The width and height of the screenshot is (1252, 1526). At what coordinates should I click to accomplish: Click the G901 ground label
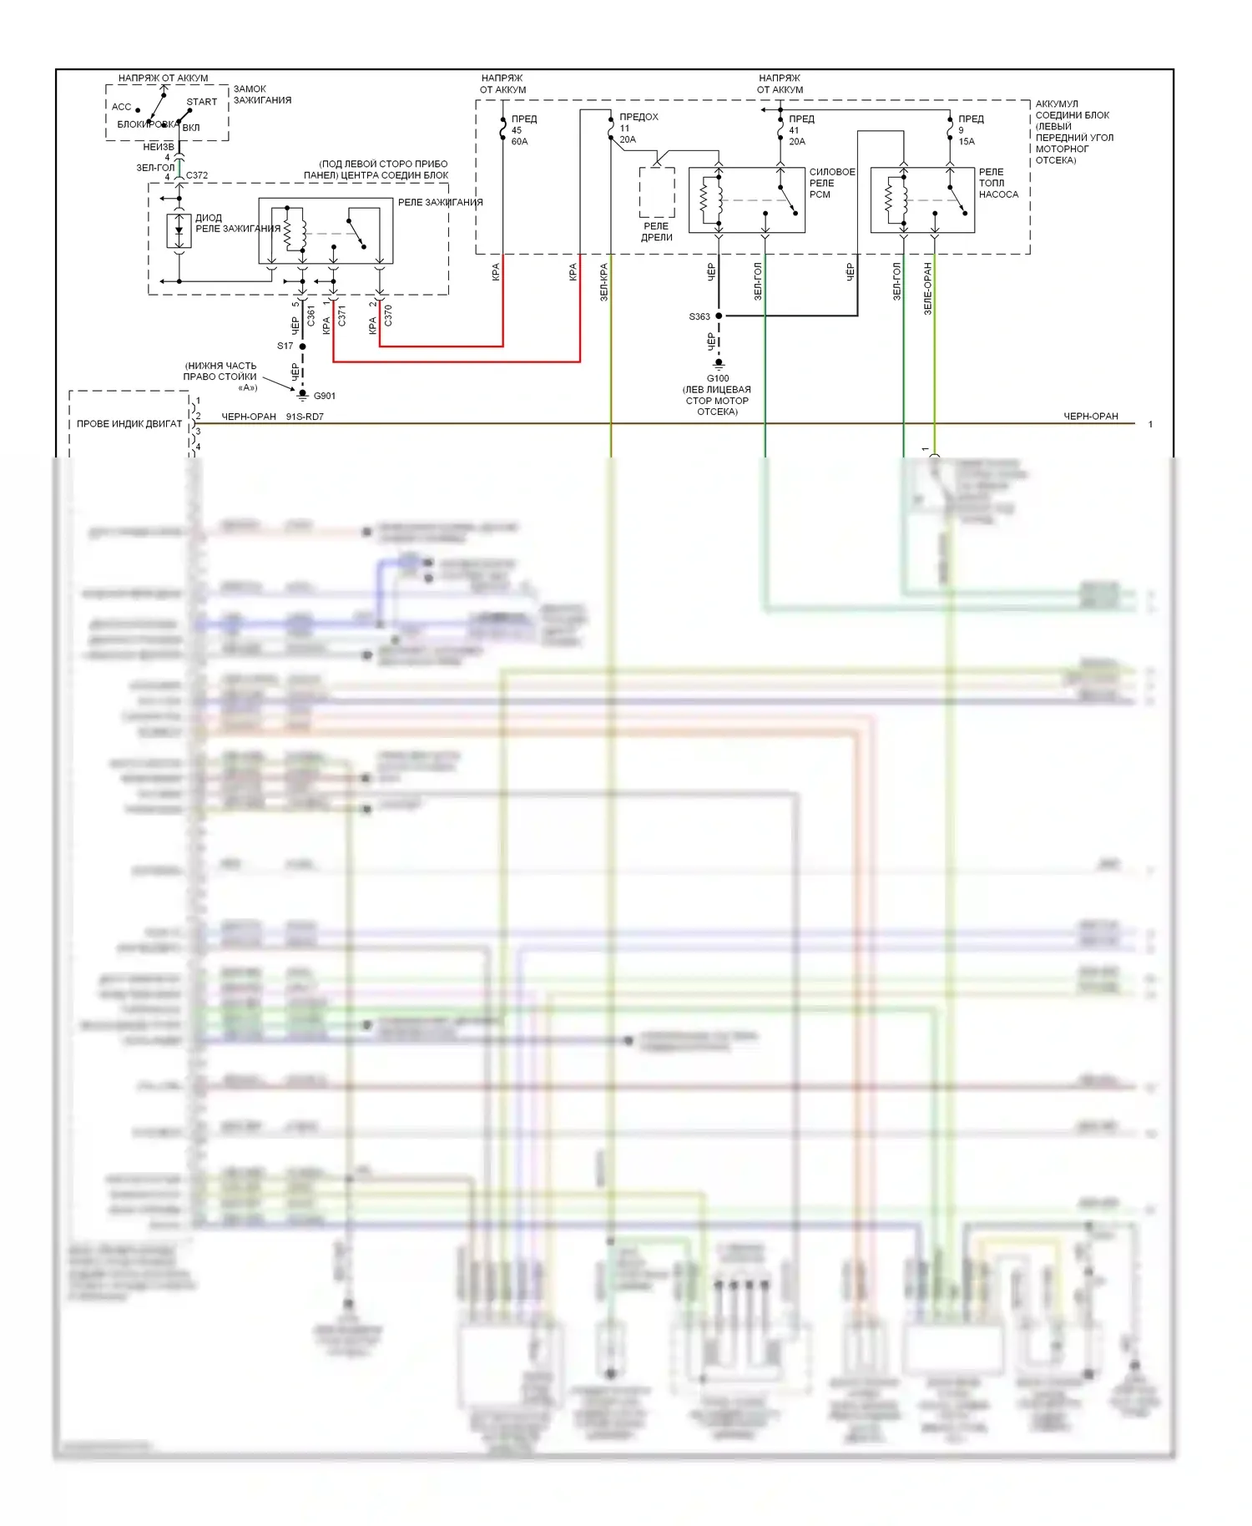pyautogui.click(x=324, y=396)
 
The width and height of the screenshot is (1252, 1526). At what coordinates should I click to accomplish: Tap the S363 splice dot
pyautogui.click(x=719, y=316)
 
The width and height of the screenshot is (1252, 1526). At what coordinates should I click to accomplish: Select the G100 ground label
pyautogui.click(x=718, y=378)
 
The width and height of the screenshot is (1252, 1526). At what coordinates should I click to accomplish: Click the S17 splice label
pyautogui.click(x=285, y=346)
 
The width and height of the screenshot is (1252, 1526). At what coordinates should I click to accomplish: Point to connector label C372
pyautogui.click(x=197, y=175)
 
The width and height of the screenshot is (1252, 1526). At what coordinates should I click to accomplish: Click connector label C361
pyautogui.click(x=310, y=316)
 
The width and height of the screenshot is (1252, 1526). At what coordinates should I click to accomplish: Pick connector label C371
pyautogui.click(x=341, y=316)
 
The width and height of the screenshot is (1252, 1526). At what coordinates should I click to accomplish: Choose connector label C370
pyautogui.click(x=388, y=316)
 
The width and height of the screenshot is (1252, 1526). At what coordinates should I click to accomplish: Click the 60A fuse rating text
pyautogui.click(x=519, y=142)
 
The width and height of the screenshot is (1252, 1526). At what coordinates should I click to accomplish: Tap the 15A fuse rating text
pyautogui.click(x=967, y=142)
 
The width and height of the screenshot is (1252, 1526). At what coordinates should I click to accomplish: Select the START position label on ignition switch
pyautogui.click(x=202, y=102)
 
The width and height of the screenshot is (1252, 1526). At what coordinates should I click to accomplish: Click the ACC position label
pyautogui.click(x=122, y=107)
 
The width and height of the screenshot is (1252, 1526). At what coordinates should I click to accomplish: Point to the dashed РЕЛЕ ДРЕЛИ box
pyautogui.click(x=657, y=193)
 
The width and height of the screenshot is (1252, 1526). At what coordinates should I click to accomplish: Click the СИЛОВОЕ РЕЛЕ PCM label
pyautogui.click(x=831, y=183)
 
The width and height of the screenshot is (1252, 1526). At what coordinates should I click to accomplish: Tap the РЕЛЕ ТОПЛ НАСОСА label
pyautogui.click(x=998, y=183)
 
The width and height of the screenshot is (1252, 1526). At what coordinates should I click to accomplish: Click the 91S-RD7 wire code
pyautogui.click(x=305, y=417)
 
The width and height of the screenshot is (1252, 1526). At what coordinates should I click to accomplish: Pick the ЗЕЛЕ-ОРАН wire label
pyautogui.click(x=927, y=288)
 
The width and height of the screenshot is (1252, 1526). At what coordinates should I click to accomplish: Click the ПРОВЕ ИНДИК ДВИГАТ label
pyautogui.click(x=129, y=424)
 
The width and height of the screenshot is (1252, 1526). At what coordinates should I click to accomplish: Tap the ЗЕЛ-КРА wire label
pyautogui.click(x=603, y=282)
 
